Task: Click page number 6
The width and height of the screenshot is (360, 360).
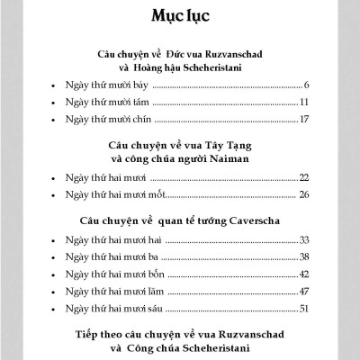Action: point(307,84)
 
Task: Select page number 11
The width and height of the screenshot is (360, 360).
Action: point(305,102)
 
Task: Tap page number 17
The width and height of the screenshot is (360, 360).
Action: point(305,119)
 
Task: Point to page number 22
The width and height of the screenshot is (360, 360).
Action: point(304,178)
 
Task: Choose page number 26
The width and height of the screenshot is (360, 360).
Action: point(304,196)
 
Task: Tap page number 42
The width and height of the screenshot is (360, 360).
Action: point(304,274)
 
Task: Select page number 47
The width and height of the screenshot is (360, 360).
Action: point(304,292)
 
